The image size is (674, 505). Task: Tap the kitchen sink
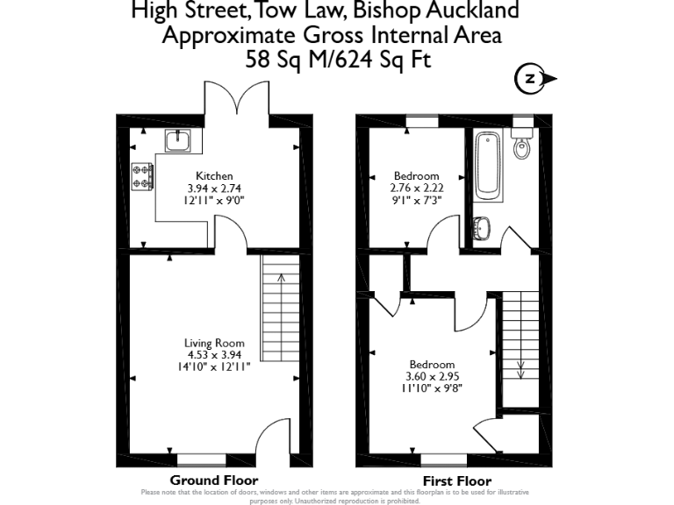point(179,139)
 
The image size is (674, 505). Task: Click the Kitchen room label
point(214,176)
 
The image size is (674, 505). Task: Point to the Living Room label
point(214,343)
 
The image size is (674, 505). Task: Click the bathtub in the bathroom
point(487,166)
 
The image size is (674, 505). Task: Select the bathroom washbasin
point(482,229)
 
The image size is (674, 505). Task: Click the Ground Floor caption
point(214,480)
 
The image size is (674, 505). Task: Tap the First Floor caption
point(456,480)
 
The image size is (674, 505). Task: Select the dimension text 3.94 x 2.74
point(214,188)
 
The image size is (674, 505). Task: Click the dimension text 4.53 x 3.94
point(214,354)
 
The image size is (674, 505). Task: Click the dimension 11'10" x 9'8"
point(432,388)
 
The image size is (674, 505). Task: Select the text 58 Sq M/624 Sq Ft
point(338,60)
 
